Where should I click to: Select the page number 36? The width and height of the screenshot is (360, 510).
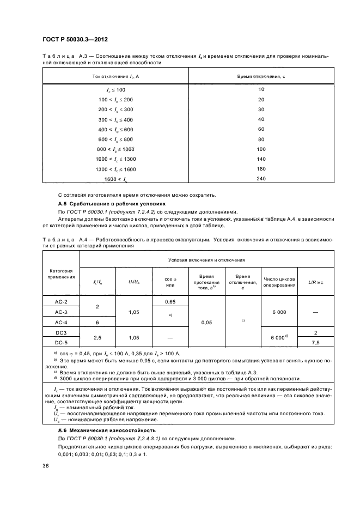[45, 465]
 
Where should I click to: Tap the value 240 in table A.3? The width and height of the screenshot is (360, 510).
[261, 179]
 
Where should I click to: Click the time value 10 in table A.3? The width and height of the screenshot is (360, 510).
[261, 89]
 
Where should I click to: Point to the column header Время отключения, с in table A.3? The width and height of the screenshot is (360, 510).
[261, 76]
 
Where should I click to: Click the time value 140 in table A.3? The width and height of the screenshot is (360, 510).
[261, 159]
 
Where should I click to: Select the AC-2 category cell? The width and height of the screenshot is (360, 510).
[61, 301]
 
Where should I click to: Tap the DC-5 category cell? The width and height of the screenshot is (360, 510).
[61, 342]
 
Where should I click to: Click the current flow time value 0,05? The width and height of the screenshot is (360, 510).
[206, 322]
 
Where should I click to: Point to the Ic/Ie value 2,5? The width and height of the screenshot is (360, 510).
[97, 337]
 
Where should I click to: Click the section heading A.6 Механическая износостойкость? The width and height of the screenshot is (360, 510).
[96, 430]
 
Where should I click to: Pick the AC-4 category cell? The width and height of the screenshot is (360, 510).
[61, 322]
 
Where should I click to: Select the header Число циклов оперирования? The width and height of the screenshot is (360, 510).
[279, 281]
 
